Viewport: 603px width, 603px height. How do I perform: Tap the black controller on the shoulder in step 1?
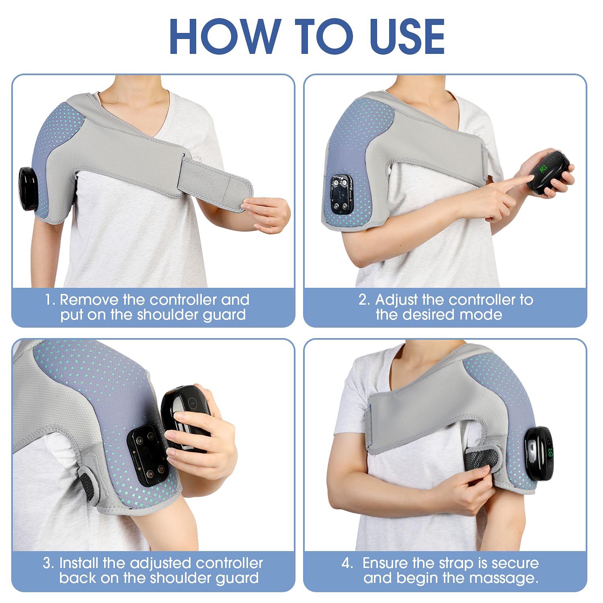pos(28,189)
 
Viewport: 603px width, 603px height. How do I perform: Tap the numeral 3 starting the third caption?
pos(47,563)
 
